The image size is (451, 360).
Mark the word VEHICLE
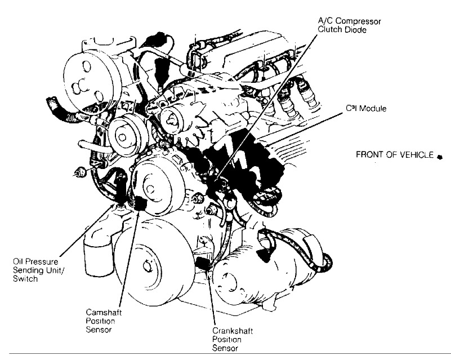click(x=417, y=154)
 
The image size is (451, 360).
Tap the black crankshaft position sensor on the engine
click(x=203, y=265)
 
